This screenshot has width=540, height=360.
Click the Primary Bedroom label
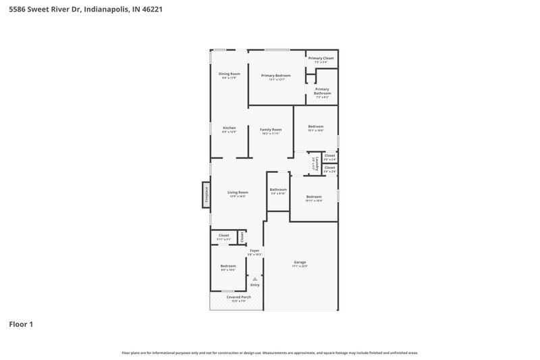pyautogui.click(x=277, y=76)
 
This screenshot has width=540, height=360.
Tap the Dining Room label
pyautogui.click(x=229, y=74)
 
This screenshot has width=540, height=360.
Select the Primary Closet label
pyautogui.click(x=321, y=58)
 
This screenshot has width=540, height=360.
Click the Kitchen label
pyautogui.click(x=229, y=128)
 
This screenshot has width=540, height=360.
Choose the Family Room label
pyautogui.click(x=271, y=130)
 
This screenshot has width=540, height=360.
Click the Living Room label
pyautogui.click(x=238, y=192)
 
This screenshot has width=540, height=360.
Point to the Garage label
pyautogui.click(x=300, y=262)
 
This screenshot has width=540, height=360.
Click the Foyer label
pyautogui.click(x=254, y=251)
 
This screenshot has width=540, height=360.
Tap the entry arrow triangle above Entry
pyautogui.click(x=254, y=278)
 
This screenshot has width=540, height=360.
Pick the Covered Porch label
pyautogui.click(x=238, y=297)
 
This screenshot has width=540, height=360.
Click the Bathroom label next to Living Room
pyautogui.click(x=278, y=190)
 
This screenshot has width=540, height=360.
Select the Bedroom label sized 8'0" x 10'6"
pyautogui.click(x=227, y=266)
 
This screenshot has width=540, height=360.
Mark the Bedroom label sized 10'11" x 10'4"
pyautogui.click(x=313, y=197)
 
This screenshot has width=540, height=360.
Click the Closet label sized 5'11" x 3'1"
pyautogui.click(x=223, y=236)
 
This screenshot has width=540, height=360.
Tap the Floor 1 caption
pyautogui.click(x=21, y=324)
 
